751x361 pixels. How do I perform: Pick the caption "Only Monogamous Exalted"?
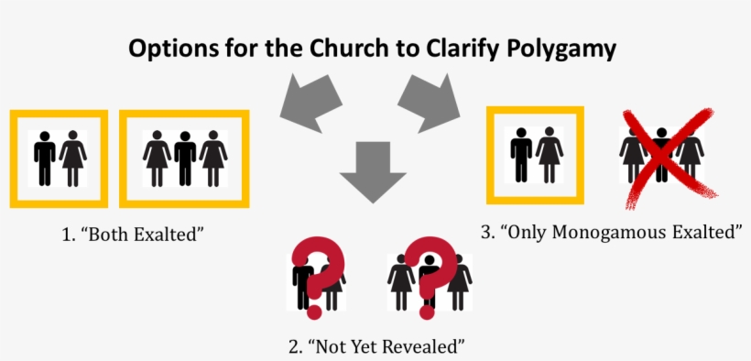(619, 233)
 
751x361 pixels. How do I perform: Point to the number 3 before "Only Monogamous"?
(485, 233)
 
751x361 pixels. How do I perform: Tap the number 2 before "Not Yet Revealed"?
(292, 347)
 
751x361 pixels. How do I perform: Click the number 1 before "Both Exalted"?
(66, 235)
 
